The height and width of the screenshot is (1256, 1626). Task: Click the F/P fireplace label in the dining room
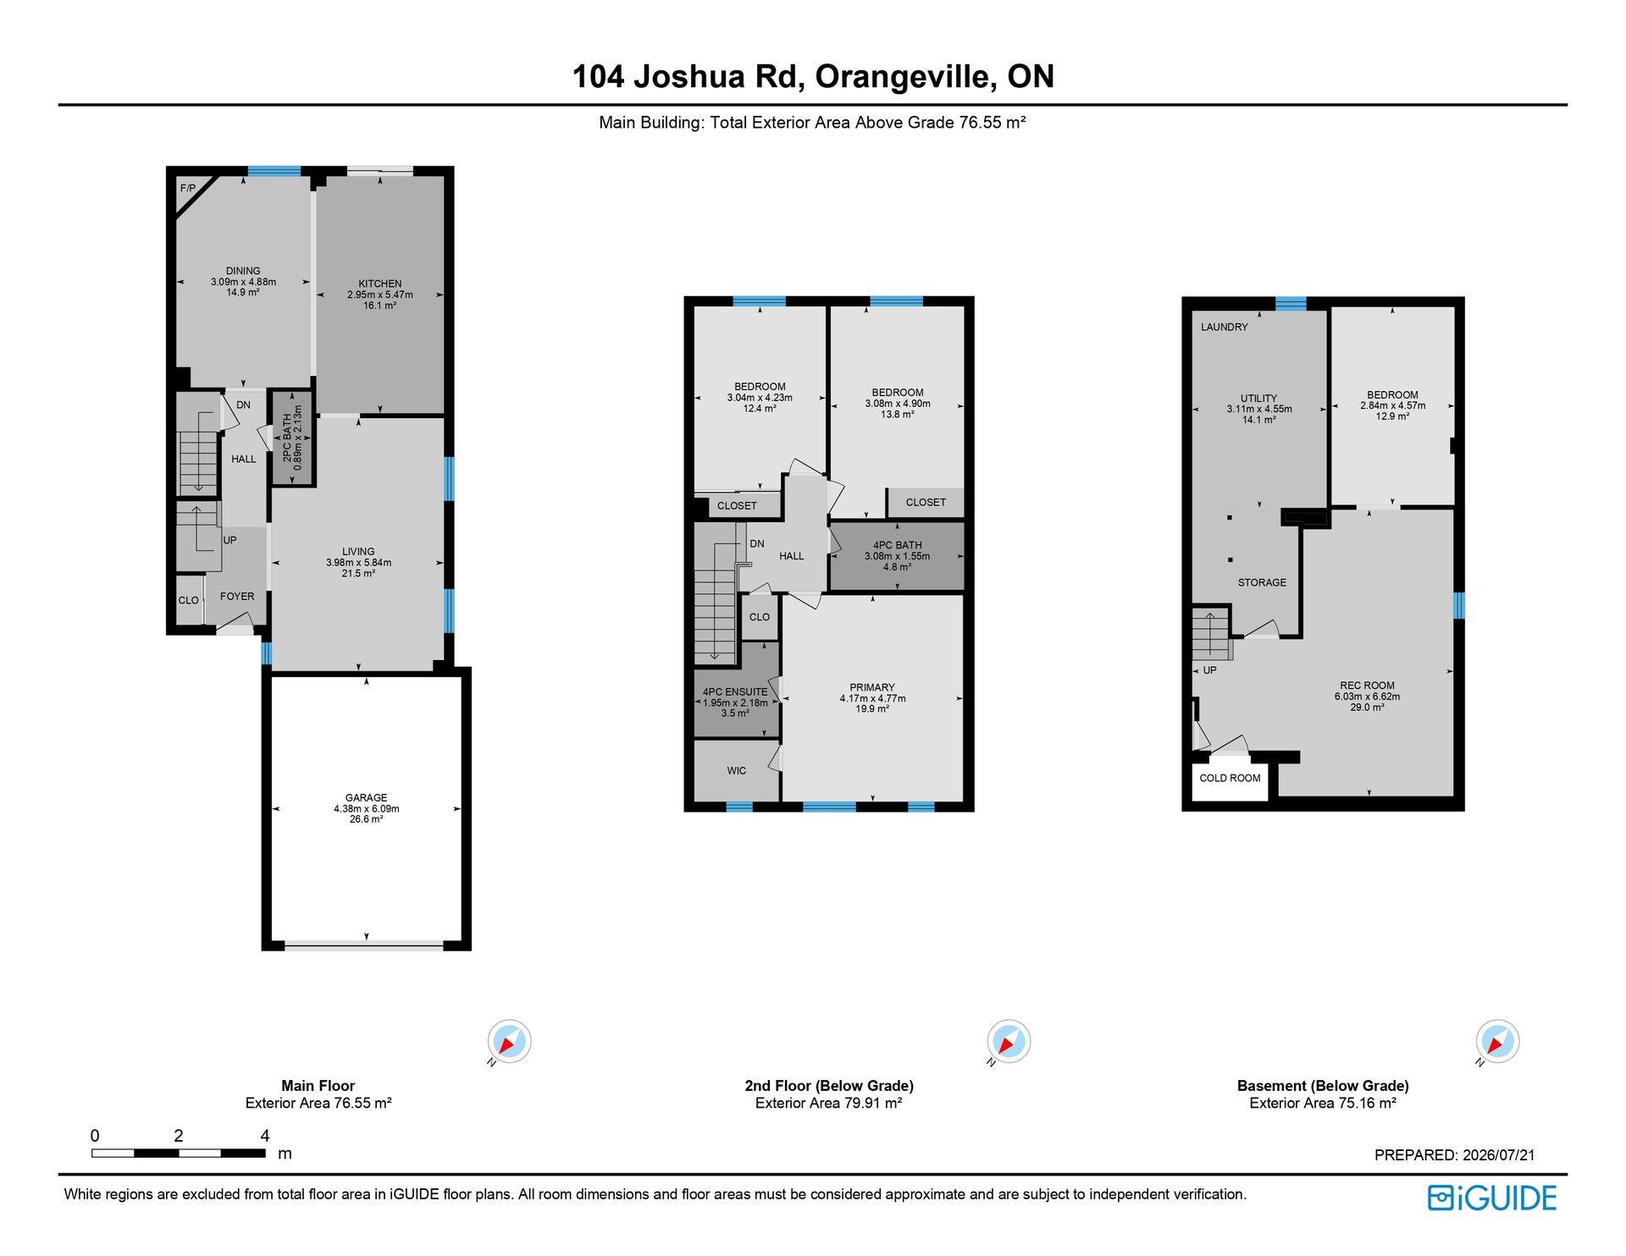tap(187, 188)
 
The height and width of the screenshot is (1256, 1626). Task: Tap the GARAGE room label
tap(366, 797)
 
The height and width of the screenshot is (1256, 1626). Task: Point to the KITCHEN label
tap(379, 284)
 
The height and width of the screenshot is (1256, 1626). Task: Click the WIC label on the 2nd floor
tap(737, 770)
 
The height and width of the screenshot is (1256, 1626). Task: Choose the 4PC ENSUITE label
tap(735, 691)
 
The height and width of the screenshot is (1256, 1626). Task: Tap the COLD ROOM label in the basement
tap(1230, 778)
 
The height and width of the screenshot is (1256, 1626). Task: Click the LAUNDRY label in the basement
tap(1225, 327)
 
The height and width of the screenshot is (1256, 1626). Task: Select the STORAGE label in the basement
tap(1262, 582)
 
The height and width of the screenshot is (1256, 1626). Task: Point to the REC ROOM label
tap(1367, 686)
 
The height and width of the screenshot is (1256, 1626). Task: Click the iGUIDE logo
tap(1492, 1198)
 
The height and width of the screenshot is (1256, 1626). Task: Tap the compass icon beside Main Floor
tap(509, 1041)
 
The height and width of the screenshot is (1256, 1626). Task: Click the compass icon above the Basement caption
tap(1497, 1041)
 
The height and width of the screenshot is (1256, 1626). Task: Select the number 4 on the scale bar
tap(265, 1136)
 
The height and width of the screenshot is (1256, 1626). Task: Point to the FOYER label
tap(237, 596)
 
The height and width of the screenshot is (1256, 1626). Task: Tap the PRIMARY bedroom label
tap(872, 687)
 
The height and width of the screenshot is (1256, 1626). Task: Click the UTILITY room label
tap(1258, 398)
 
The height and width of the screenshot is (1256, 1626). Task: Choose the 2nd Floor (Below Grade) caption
tap(829, 1085)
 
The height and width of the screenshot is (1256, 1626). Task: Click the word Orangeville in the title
tap(904, 76)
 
